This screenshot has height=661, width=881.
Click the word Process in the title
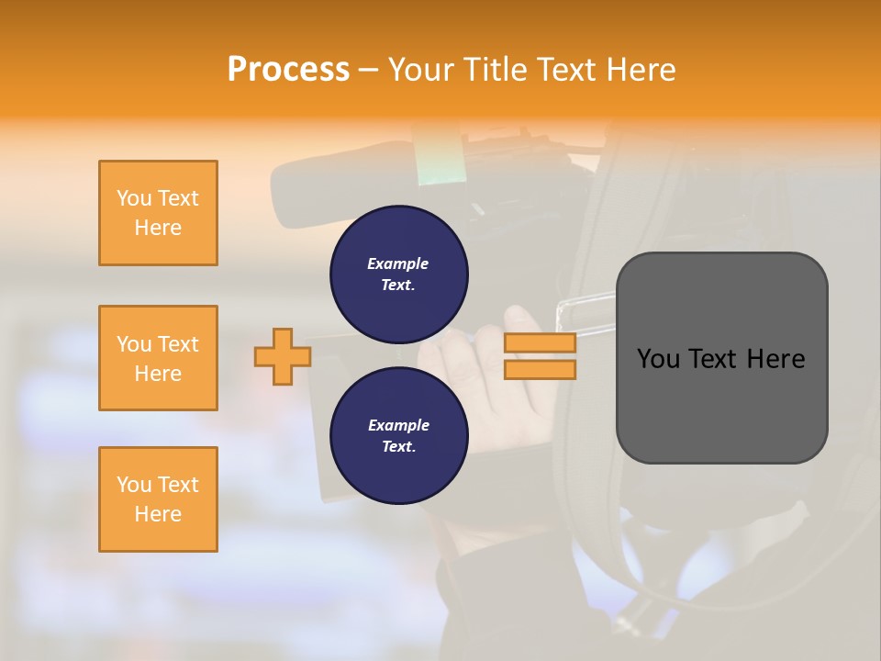point(288,70)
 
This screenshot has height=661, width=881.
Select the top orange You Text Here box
point(158,213)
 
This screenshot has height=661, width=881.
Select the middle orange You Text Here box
point(158,358)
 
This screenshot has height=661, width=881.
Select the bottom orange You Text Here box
point(158,499)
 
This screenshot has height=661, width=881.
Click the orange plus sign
point(282,356)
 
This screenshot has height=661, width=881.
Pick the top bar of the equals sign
point(541,343)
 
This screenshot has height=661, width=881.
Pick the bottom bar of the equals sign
point(541,369)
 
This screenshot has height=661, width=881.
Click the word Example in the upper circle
point(398,263)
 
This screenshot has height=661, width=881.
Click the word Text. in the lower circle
point(398,447)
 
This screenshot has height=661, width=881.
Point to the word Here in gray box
point(775,359)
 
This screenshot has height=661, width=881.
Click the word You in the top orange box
point(134,198)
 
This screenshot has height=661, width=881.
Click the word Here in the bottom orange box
point(158,514)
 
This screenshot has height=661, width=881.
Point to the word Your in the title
point(423,70)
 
